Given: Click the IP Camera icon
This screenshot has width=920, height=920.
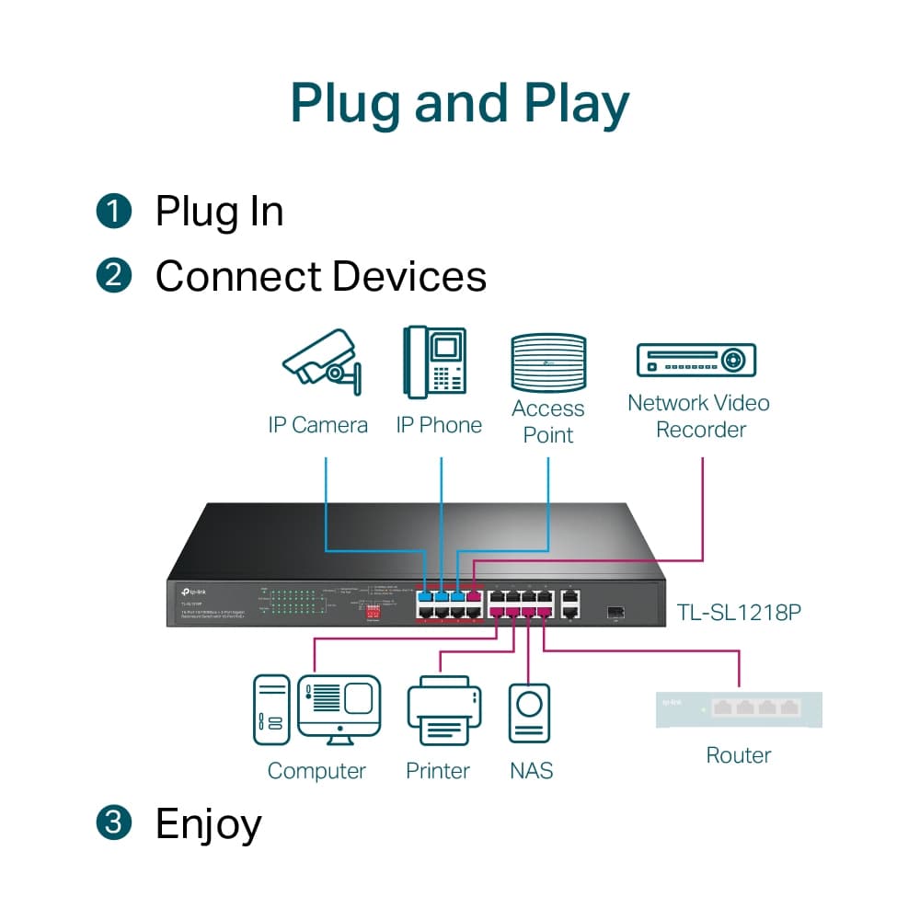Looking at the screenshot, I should click(321, 366).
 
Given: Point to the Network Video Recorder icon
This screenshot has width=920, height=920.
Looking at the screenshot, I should click(696, 360).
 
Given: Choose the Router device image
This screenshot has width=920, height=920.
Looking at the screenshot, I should click(739, 708).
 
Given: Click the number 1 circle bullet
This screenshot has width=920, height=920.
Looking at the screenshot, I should click(114, 211).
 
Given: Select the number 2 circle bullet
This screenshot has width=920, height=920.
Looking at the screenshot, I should click(114, 275).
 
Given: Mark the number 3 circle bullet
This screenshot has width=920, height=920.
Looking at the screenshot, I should click(114, 822).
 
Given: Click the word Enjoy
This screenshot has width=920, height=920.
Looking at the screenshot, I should click(209, 824).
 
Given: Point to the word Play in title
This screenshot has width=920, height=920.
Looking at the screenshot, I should click(577, 104).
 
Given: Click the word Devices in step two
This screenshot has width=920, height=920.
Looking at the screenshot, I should click(409, 276).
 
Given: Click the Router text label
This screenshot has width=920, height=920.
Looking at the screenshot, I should click(738, 755).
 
